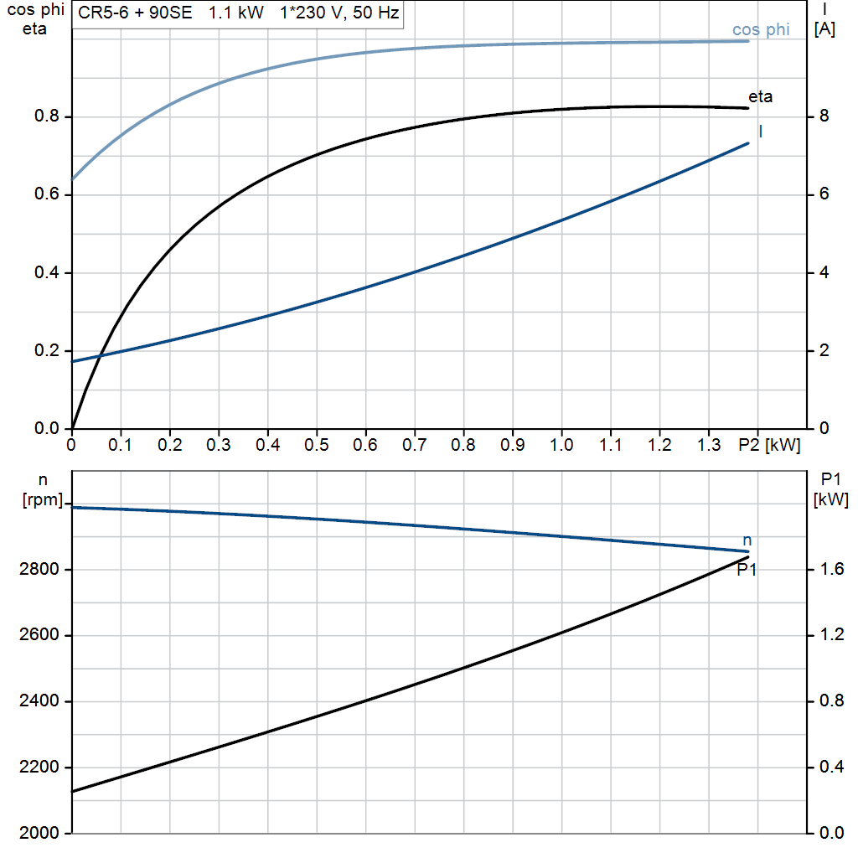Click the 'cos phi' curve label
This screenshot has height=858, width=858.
pyautogui.click(x=761, y=30)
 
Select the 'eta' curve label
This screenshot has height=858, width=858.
pyautogui.click(x=760, y=97)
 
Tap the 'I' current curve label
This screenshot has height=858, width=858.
pyautogui.click(x=760, y=131)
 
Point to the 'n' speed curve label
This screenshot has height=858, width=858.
pyautogui.click(x=747, y=540)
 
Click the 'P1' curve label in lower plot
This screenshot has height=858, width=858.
pyautogui.click(x=747, y=570)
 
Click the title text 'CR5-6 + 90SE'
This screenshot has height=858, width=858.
pyautogui.click(x=135, y=13)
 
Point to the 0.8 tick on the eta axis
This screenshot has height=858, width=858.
pyautogui.click(x=46, y=116)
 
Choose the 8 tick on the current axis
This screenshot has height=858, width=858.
pyautogui.click(x=824, y=116)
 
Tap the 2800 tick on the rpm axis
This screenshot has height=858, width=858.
pyautogui.click(x=37, y=570)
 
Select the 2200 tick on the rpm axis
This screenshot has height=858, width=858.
pyautogui.click(x=37, y=768)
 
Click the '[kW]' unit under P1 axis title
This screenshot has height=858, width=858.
pyautogui.click(x=830, y=500)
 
